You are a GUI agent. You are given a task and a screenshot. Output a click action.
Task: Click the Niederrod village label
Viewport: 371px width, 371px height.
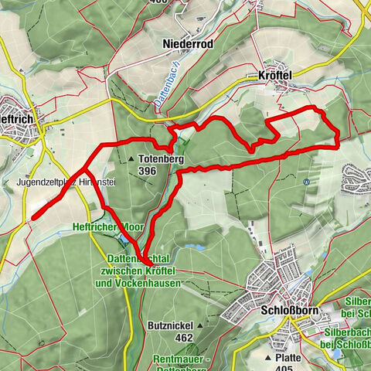tap(188, 44)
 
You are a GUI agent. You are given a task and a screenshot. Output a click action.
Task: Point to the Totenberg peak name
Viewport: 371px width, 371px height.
tap(161, 158)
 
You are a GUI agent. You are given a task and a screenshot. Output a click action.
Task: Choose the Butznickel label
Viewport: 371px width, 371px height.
tap(168, 326)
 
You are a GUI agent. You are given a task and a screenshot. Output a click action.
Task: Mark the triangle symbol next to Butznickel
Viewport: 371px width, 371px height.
tap(199, 326)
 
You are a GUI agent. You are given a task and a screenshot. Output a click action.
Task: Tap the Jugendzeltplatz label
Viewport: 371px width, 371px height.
tap(48, 183)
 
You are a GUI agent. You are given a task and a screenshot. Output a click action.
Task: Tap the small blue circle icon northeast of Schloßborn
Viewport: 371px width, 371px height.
tap(307, 182)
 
